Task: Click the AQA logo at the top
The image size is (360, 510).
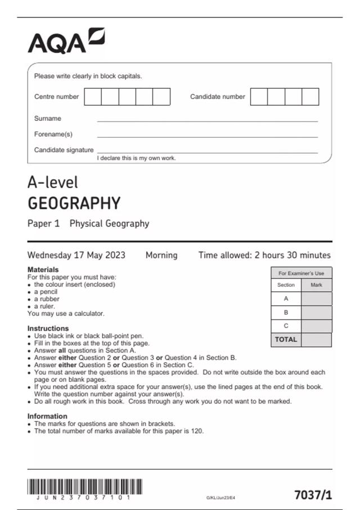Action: pos(66,40)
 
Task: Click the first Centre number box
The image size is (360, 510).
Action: pos(93,97)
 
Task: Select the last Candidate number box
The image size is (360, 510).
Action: pos(310,97)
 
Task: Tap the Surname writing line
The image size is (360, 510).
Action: pos(207,119)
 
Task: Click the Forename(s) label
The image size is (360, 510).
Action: pos(53,134)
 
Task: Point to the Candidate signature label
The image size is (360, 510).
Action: pos(64,150)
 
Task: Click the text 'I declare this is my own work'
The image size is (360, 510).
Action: pos(137,159)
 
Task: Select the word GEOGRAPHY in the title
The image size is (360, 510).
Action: pos(74,203)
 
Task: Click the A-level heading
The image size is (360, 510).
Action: pos(53,183)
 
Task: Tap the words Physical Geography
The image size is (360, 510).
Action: pos(109,224)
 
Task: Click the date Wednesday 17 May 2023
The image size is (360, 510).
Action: pos(76,255)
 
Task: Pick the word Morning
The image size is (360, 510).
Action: pos(161,255)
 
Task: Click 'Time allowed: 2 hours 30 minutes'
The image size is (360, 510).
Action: pos(264,255)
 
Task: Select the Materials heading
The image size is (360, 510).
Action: pos(43,270)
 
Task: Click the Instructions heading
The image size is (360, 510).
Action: pos(48,328)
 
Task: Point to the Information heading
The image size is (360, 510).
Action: pos(47,416)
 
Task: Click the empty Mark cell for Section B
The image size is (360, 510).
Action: pos(316,313)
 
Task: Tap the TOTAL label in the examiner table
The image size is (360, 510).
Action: pos(286,340)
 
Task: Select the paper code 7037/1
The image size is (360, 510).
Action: pos(313,495)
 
